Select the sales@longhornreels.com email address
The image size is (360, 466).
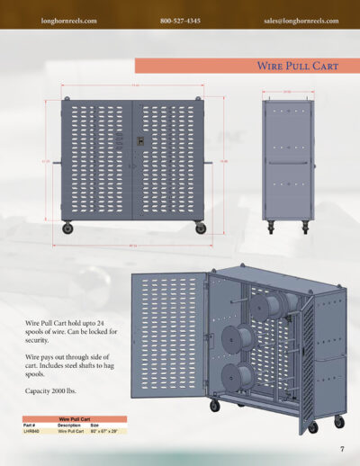point(301,20)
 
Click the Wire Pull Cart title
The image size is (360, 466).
point(287,66)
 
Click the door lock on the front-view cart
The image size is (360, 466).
point(139,141)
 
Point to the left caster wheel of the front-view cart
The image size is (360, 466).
point(67,229)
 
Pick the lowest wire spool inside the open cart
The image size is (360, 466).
point(237,379)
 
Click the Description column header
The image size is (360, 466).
point(69,426)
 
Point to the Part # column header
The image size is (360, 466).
point(31,426)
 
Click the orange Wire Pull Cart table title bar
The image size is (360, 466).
point(74,419)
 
